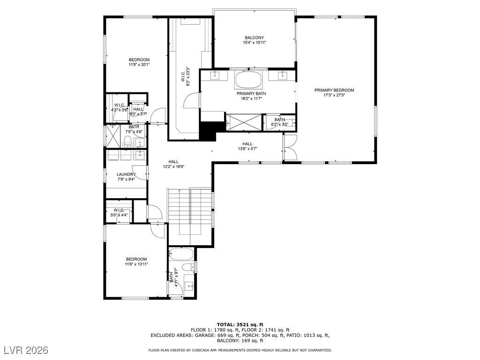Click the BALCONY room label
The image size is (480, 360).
[x=254, y=37]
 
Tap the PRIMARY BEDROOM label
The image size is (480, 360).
[x=334, y=90]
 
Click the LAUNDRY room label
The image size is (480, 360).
[x=126, y=174]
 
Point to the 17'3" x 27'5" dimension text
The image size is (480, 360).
[x=334, y=95]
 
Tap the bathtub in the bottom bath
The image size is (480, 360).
[x=181, y=254]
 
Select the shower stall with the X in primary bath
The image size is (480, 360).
[x=244, y=122]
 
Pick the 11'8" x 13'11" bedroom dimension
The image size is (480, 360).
[x=136, y=264]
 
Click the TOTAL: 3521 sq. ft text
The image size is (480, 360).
[x=240, y=324]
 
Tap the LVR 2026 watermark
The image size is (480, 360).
[x=26, y=350]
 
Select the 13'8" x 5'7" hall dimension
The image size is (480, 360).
[x=247, y=149]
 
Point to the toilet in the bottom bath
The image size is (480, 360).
[x=188, y=266]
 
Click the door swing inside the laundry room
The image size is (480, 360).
[x=138, y=172]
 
